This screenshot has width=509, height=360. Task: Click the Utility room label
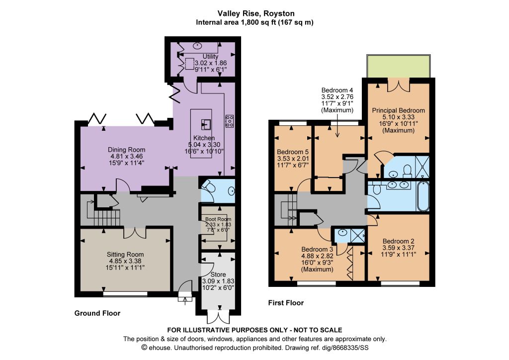(210, 57)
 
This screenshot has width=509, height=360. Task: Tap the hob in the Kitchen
(230, 121)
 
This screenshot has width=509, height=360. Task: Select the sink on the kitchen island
(206, 124)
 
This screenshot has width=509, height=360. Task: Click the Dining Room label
(127, 150)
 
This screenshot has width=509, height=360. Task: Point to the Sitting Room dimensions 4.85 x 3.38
(125, 261)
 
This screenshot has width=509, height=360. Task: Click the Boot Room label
(218, 219)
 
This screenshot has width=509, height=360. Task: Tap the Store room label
(218, 274)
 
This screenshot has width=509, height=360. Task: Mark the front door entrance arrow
(185, 299)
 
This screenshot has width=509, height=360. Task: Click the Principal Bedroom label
(398, 110)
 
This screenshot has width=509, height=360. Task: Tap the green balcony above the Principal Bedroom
(399, 67)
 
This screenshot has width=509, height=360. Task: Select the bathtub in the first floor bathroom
(423, 196)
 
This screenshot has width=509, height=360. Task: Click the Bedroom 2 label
(398, 241)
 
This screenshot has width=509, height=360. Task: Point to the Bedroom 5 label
(293, 152)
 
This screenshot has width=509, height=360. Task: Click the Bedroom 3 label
(317, 249)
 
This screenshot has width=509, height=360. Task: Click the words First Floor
(286, 303)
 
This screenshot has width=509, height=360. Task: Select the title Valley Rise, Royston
(256, 13)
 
